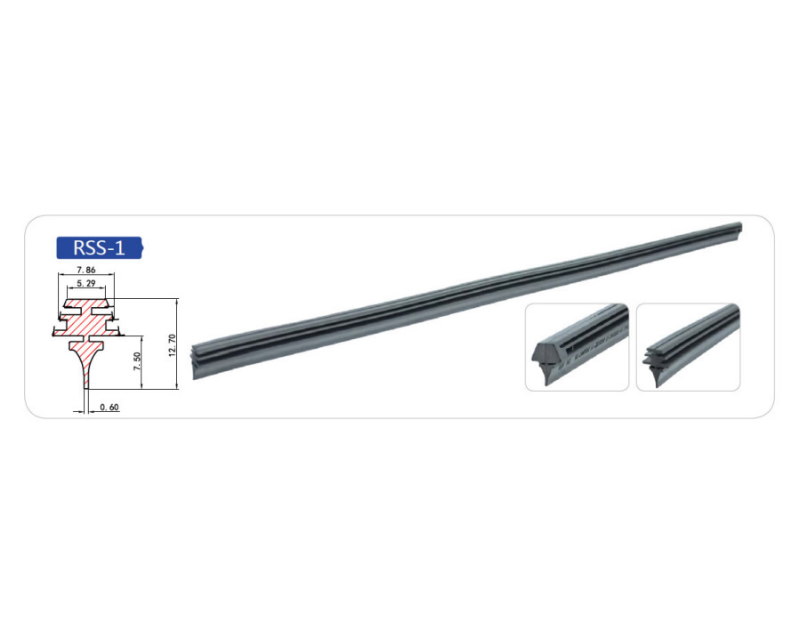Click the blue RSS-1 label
point(99,247)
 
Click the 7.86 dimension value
point(86,270)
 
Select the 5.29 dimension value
point(86,283)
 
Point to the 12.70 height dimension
point(172,345)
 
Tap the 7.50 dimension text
point(137,361)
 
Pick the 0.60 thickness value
point(109,408)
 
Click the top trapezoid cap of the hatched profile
point(86,303)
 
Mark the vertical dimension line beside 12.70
point(177,344)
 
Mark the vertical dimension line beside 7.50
point(142,362)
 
